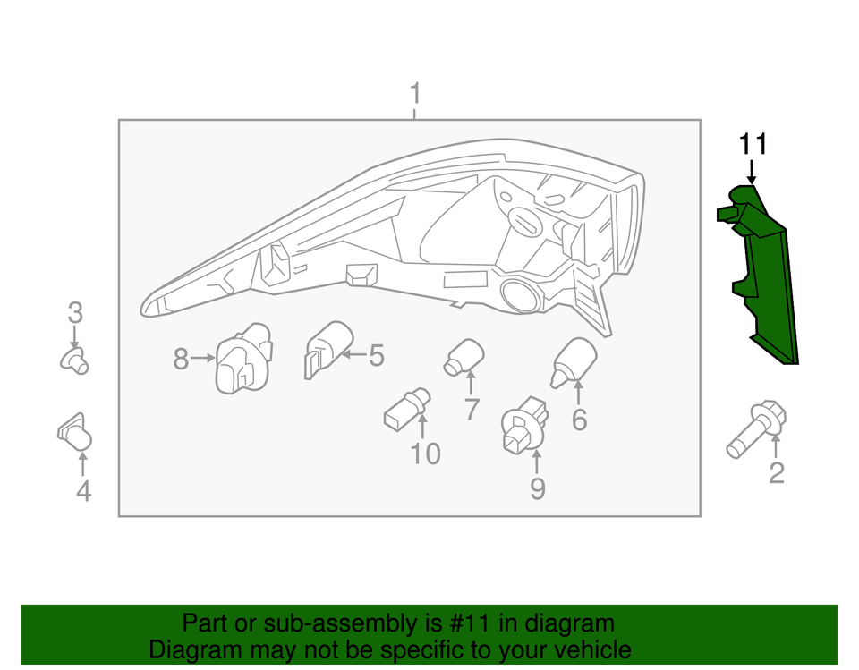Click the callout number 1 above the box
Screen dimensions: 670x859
click(414, 94)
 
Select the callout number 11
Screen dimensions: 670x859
click(753, 144)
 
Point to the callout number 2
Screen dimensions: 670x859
click(777, 472)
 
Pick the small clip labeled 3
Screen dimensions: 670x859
click(75, 360)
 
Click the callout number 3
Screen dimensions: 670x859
click(75, 313)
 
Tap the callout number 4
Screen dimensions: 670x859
click(82, 490)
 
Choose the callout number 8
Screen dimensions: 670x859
click(181, 360)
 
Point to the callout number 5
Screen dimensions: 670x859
click(376, 356)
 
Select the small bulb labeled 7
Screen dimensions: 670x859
click(464, 356)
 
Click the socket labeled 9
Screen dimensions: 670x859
click(521, 427)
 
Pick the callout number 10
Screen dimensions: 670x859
click(426, 454)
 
